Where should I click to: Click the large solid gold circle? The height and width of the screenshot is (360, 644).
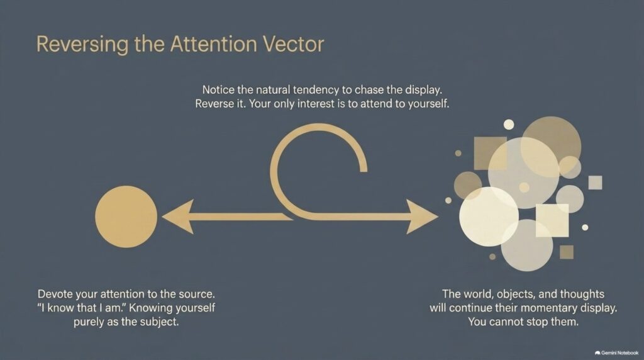click(126, 217)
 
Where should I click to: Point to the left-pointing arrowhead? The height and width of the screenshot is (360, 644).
click(178, 217)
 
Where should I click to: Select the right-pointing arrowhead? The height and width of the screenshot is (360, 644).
click(422, 217)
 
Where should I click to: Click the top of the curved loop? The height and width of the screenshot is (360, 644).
click(318, 127)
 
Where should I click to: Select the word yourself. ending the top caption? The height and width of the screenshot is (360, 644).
click(428, 104)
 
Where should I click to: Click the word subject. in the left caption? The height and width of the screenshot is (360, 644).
click(159, 322)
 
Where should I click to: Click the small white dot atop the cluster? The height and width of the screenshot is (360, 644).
click(508, 125)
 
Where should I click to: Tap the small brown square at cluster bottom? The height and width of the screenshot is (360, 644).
click(567, 252)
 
